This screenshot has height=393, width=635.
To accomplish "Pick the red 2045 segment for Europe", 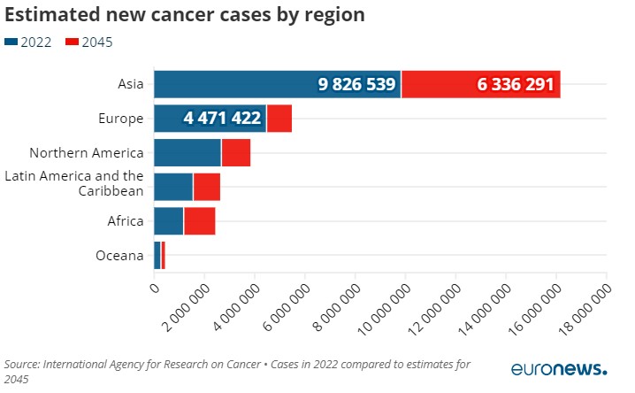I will tap(279, 118).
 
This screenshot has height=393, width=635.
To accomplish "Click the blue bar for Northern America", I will tap(187, 152).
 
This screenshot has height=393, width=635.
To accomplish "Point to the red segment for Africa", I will tap(200, 221).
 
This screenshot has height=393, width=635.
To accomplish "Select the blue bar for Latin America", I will tap(173, 187).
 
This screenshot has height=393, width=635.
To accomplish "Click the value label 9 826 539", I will tap(357, 85).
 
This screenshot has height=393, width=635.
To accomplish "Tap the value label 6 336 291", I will tap(515, 85).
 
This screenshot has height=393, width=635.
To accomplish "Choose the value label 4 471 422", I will tap(222, 119).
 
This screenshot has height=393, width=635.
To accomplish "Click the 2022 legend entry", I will tap(30, 42).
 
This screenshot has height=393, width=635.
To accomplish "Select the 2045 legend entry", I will tap(90, 42).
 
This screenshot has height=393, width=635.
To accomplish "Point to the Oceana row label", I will tap(119, 256).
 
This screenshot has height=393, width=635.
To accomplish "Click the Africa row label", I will tap(125, 221).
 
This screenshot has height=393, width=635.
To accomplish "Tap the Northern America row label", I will tap(87, 152).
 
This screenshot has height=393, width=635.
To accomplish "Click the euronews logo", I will tap(559, 368).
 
